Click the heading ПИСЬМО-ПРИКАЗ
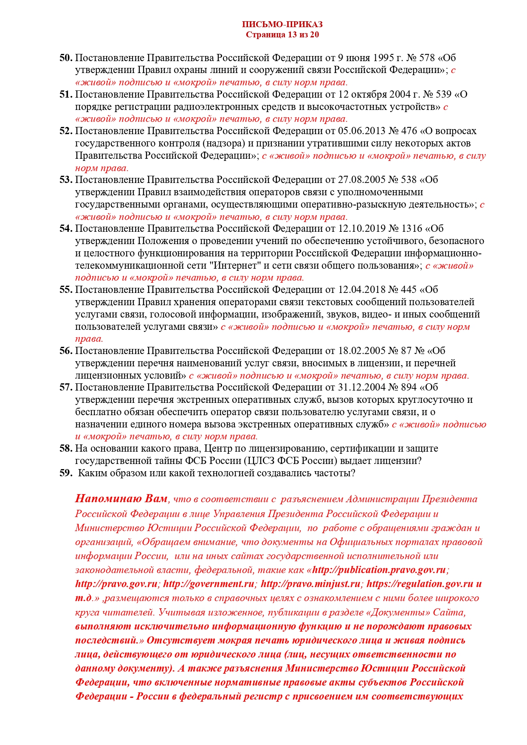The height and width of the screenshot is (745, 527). (x=282, y=24)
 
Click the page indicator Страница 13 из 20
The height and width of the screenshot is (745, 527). (x=282, y=35)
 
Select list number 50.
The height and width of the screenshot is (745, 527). (x=66, y=58)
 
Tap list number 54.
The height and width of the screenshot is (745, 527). (x=66, y=229)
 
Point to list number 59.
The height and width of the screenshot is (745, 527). (x=66, y=473)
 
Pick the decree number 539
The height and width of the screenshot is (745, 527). (x=443, y=94)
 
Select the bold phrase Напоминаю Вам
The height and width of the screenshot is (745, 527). (x=121, y=499)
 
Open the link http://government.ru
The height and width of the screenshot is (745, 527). (x=209, y=584)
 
